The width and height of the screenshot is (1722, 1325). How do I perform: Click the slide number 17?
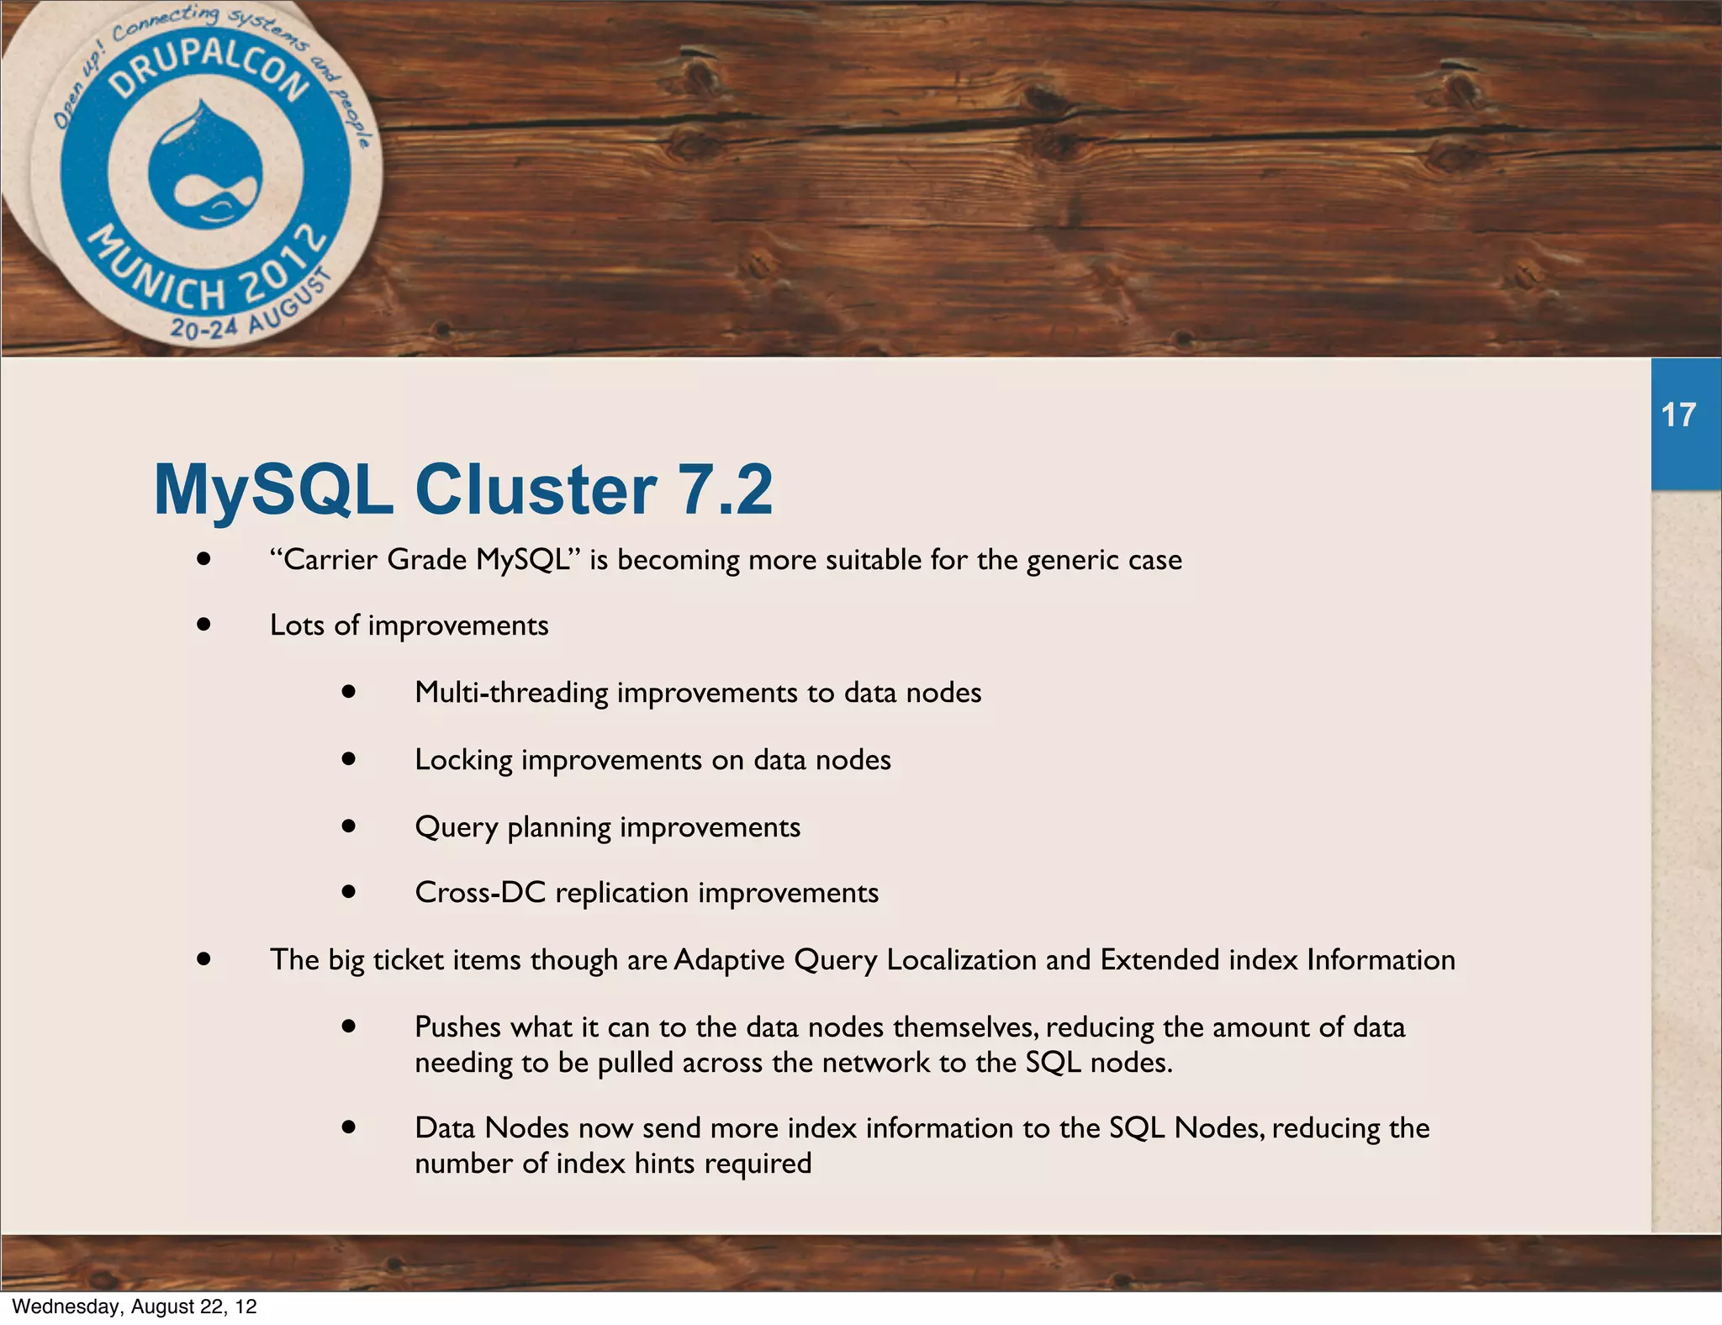pos(1678,415)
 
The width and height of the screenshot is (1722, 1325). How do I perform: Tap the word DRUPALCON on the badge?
pos(210,71)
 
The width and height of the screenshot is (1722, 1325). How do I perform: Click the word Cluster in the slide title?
pos(535,490)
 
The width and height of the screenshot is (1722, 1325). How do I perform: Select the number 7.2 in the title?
pos(725,490)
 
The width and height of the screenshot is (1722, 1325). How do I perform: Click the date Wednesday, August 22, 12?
pos(135,1307)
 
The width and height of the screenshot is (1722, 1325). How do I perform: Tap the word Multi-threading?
pos(511,693)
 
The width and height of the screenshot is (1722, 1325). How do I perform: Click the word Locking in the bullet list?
pos(463,760)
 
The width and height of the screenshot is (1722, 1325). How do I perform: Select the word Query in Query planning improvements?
pos(457,827)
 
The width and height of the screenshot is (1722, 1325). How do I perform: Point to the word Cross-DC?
pos(480,893)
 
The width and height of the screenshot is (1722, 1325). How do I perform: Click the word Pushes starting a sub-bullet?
pos(458,1027)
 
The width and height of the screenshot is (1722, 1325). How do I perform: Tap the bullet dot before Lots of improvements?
pos(203,625)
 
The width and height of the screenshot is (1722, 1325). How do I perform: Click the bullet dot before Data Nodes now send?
pos(349,1127)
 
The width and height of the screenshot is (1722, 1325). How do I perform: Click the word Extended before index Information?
pos(1159,960)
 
